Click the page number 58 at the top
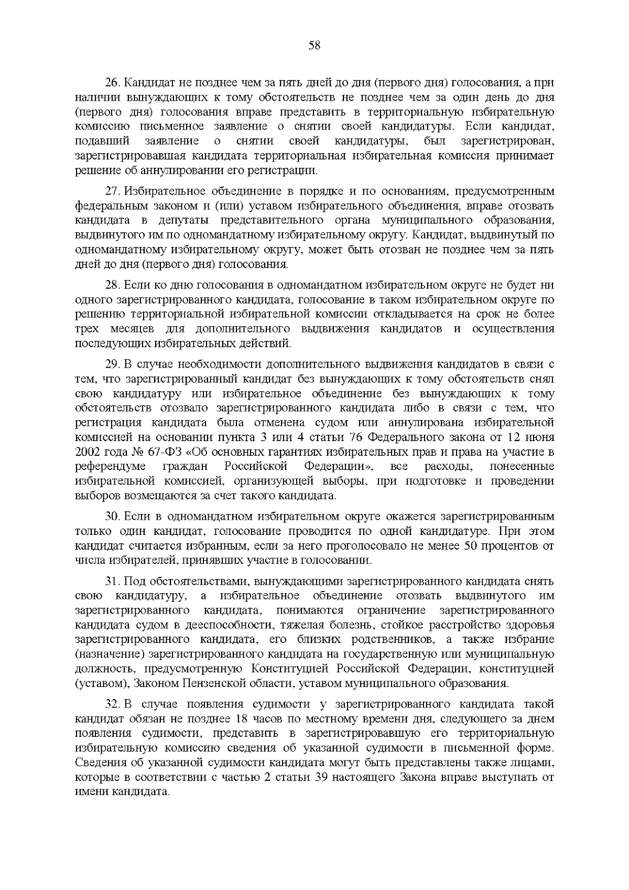(x=314, y=45)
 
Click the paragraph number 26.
(x=113, y=83)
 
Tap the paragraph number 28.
(x=113, y=285)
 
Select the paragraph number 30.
(x=113, y=517)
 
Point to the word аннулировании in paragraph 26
(x=183, y=171)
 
